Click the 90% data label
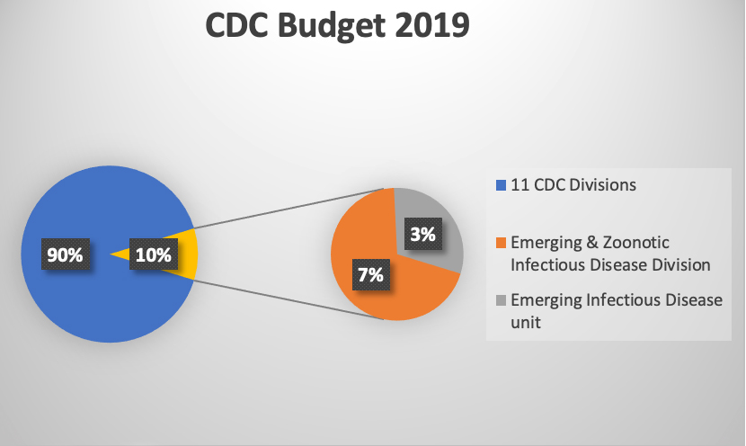(65, 254)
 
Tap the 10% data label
(153, 254)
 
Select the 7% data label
(369, 274)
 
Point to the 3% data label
(422, 235)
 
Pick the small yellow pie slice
(188, 254)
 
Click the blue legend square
(501, 187)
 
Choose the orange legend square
(501, 243)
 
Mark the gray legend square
(501, 300)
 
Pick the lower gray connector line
(288, 294)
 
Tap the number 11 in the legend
(518, 187)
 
